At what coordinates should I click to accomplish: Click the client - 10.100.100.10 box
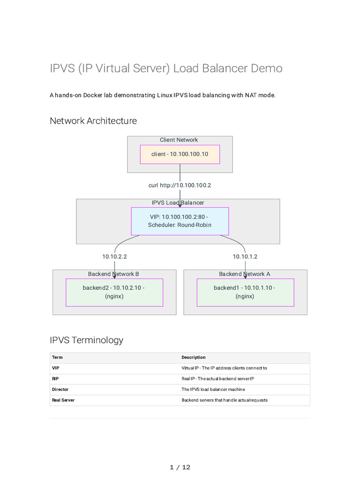point(180,154)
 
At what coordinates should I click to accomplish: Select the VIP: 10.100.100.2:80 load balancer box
point(180,221)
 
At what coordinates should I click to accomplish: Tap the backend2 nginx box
point(114,292)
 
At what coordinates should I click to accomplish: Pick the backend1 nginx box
point(246,292)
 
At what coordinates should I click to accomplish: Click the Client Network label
point(179,140)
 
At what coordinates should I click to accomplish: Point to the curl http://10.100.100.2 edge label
point(180,185)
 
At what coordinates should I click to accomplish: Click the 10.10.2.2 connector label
point(114,256)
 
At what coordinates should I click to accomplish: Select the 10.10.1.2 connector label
point(245,256)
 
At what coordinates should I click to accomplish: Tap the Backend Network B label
point(113,274)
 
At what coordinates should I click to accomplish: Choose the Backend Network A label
point(245,274)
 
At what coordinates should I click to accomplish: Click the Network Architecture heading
point(93,121)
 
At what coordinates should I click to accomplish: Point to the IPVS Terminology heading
point(87,340)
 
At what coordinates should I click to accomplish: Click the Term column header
point(57,357)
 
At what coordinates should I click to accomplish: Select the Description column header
point(194,357)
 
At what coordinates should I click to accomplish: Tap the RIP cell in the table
point(55,379)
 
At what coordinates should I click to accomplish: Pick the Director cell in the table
point(60,390)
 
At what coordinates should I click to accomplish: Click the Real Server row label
point(63,400)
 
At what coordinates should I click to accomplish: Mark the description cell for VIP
point(225,368)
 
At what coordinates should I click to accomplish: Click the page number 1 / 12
point(180,467)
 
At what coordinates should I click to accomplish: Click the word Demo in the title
point(267,68)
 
